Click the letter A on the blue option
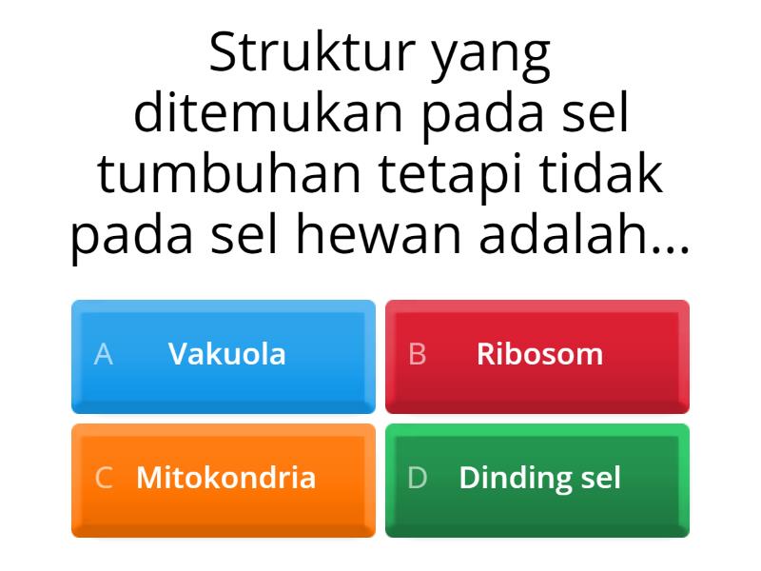(x=104, y=355)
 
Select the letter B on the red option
(x=417, y=355)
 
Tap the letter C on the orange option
(x=104, y=478)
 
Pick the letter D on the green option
(x=417, y=478)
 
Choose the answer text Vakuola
(x=226, y=355)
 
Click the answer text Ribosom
(x=539, y=355)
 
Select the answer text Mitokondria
(x=226, y=478)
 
